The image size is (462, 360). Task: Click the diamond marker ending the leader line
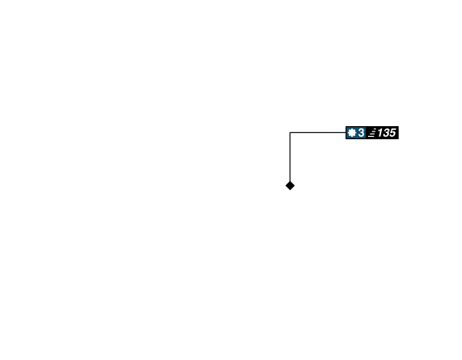click(x=290, y=185)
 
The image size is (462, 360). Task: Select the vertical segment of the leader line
click(x=290, y=158)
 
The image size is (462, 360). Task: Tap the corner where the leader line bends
click(x=290, y=132)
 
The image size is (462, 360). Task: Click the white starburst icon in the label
click(x=352, y=133)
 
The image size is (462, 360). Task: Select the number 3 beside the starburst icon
click(x=361, y=133)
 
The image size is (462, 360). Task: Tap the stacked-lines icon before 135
click(x=372, y=133)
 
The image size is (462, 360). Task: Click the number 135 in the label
click(x=386, y=133)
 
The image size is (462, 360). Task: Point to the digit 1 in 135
click(x=380, y=133)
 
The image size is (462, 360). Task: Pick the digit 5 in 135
click(x=392, y=133)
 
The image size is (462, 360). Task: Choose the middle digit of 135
click(x=386, y=133)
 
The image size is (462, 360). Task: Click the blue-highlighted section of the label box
click(x=356, y=133)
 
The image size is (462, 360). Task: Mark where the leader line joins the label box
click(x=345, y=132)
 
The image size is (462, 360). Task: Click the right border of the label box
click(x=399, y=133)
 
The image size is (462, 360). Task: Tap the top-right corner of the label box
click(x=399, y=126)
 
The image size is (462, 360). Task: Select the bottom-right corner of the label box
click(x=399, y=140)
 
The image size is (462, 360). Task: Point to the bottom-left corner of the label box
click(x=345, y=140)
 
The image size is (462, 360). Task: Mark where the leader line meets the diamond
click(x=290, y=180)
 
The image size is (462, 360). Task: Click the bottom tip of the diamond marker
click(x=290, y=192)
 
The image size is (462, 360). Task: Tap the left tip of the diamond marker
click(x=284, y=185)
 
